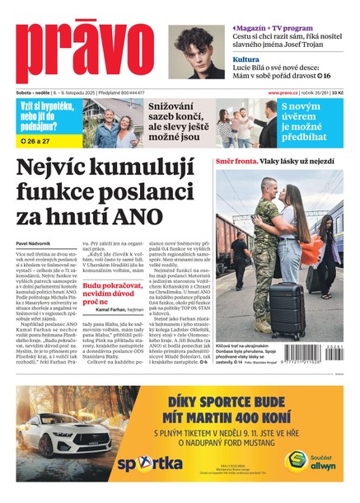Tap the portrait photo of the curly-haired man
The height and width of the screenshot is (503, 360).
(x=196, y=52)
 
